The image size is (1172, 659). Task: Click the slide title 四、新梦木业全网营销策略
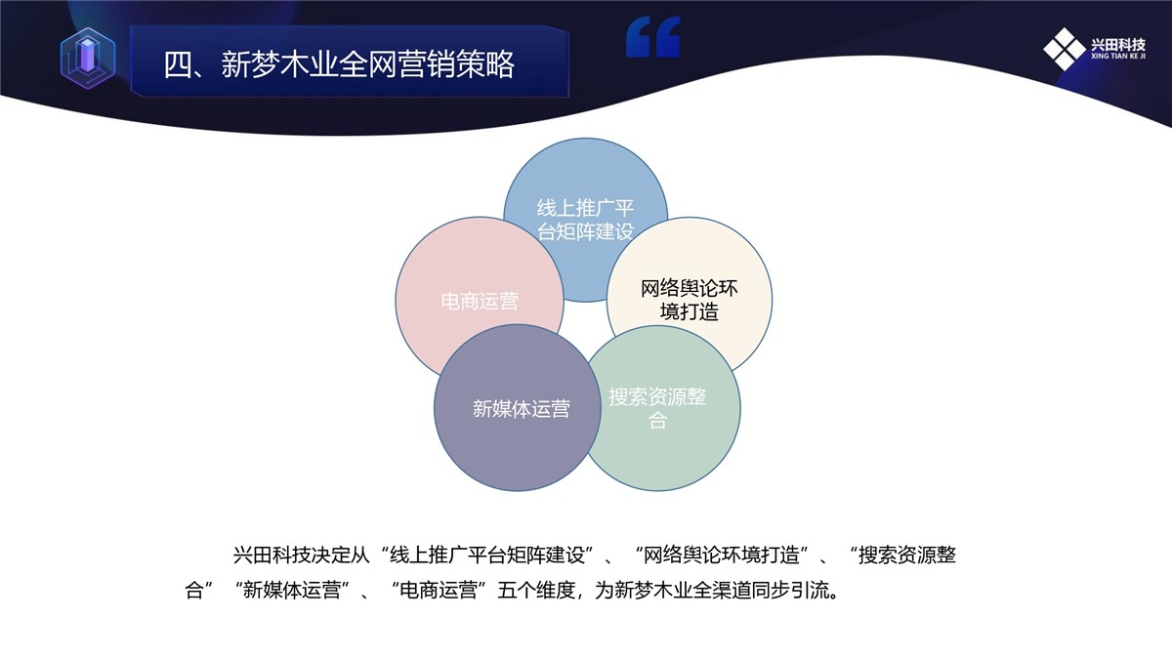click(x=339, y=64)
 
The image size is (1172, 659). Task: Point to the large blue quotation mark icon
click(x=653, y=36)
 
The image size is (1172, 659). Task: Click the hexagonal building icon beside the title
click(x=88, y=58)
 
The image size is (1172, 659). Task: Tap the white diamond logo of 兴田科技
click(x=1065, y=49)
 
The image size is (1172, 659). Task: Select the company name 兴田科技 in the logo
click(x=1118, y=45)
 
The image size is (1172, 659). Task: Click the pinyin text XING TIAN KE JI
click(x=1118, y=56)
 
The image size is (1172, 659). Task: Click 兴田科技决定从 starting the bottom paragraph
click(x=302, y=555)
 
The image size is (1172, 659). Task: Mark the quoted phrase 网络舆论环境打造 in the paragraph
click(x=721, y=555)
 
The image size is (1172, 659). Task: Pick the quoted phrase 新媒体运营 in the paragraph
click(x=292, y=591)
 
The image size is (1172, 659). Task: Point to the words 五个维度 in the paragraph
click(x=536, y=591)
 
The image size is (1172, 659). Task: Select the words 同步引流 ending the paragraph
click(x=790, y=591)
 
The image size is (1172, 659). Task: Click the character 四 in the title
click(x=179, y=64)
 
